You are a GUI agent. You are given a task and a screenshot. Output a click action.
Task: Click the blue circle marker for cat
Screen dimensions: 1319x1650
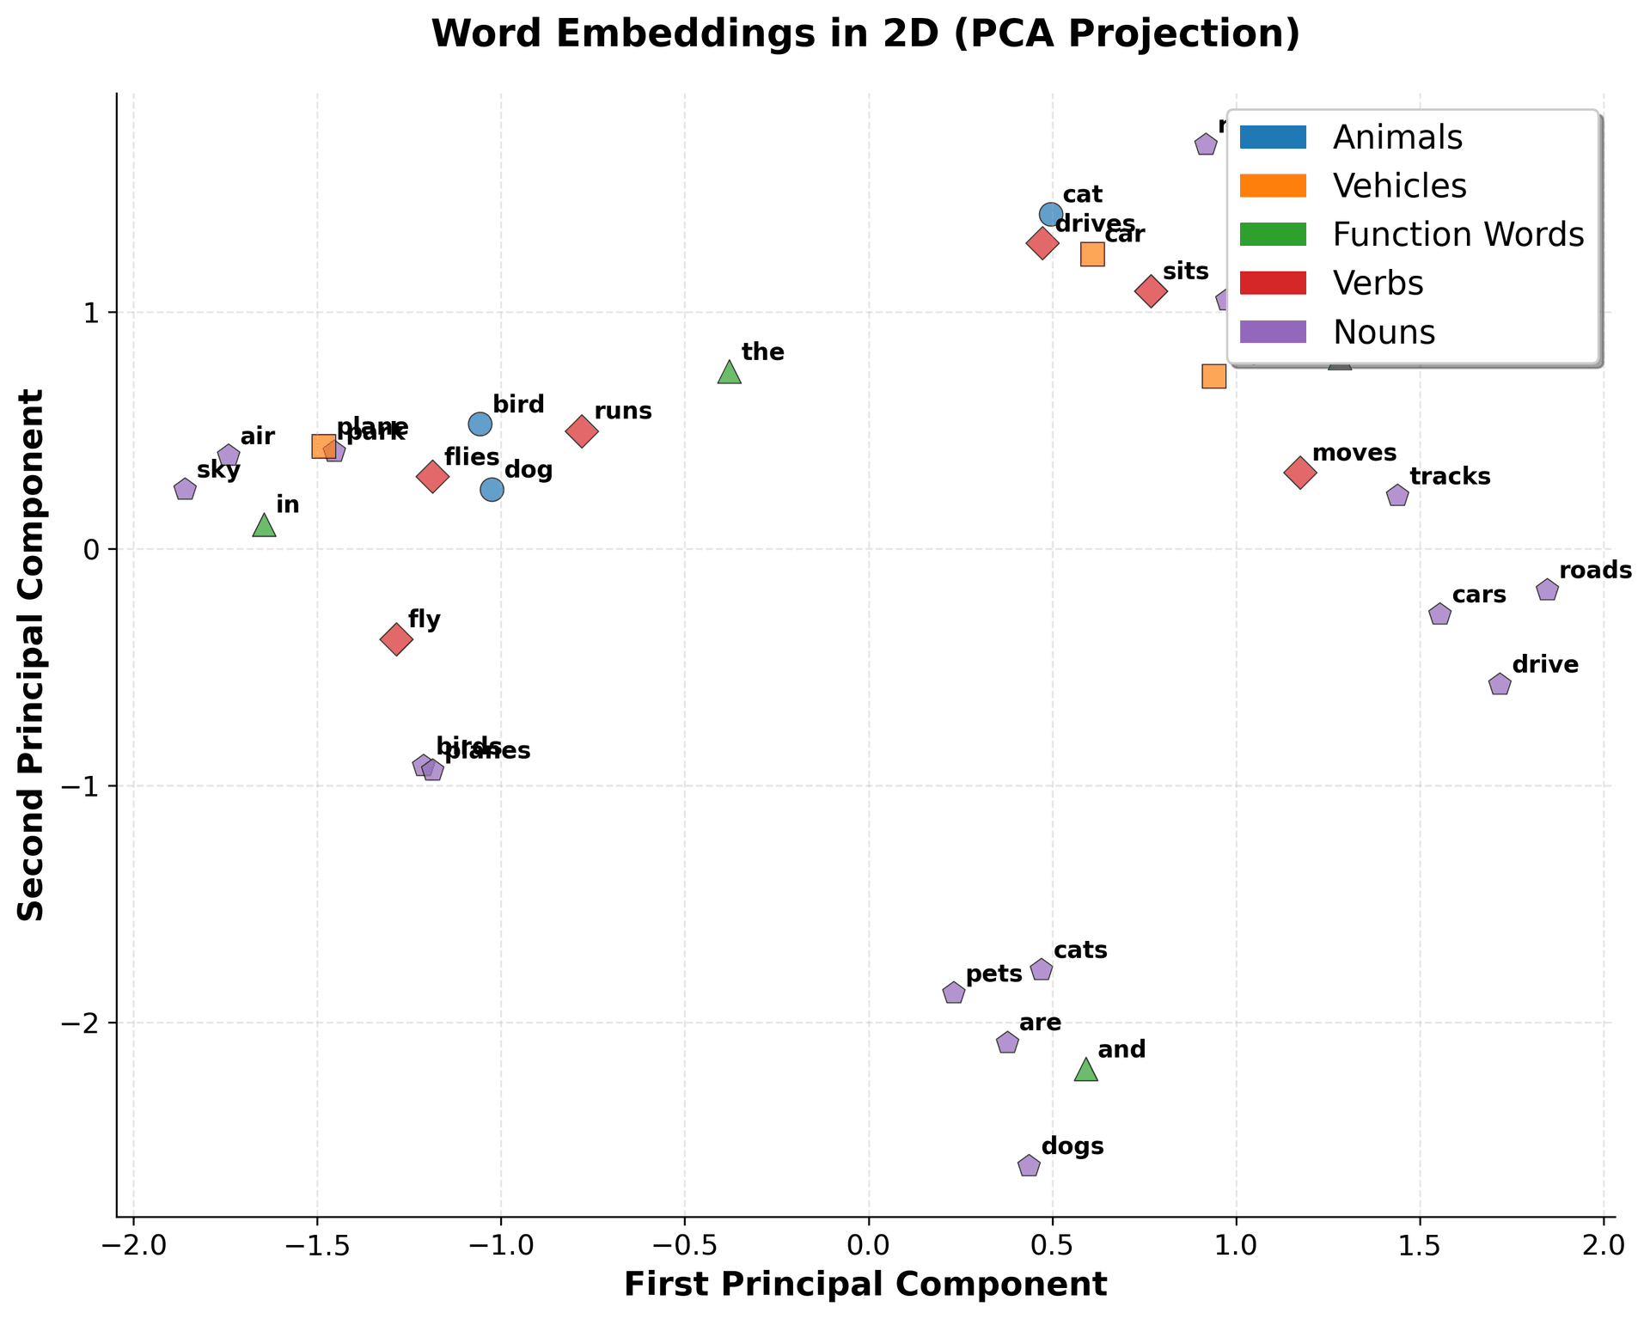1050,214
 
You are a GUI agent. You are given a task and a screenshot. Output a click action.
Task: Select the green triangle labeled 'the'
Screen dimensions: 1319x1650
729,372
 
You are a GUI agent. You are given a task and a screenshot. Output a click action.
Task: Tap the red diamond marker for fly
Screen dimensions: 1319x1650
396,639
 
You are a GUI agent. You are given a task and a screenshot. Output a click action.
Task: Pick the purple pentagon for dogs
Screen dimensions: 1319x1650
1029,1166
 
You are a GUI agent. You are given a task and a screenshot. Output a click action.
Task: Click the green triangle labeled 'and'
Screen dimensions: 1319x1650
1086,1070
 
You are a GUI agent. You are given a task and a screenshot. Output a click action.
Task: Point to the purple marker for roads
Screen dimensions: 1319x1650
1547,589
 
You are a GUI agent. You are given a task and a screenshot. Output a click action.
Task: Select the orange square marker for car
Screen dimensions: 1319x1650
1092,254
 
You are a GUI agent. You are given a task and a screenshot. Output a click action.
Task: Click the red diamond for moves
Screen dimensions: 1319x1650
1300,472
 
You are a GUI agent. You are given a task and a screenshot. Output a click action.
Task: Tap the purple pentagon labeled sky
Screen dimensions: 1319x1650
185,490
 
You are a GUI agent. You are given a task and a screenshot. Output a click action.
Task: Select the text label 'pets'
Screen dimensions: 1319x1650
993,974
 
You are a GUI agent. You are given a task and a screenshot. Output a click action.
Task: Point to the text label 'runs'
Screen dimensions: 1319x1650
623,411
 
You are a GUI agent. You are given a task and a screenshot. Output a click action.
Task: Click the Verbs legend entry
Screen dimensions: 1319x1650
1377,284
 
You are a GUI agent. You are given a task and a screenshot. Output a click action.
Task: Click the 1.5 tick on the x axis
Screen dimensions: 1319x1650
1419,1243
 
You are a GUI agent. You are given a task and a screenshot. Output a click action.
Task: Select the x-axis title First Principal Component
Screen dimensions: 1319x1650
865,1284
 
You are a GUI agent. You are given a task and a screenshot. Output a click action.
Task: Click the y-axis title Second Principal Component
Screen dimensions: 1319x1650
33,655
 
